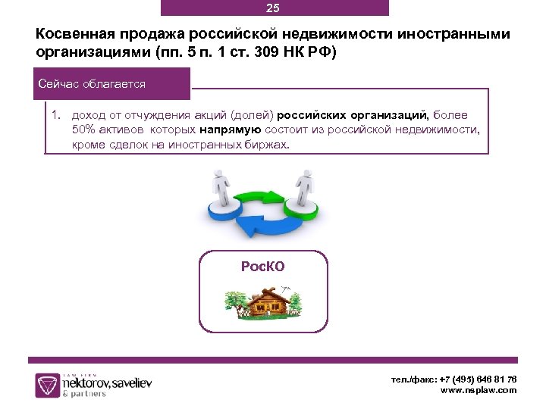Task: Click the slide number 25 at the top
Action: click(273, 8)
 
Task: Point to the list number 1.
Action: click(55, 115)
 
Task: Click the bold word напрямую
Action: click(231, 130)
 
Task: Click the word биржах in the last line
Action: click(269, 144)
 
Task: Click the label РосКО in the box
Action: click(262, 267)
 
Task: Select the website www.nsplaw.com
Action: click(479, 390)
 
